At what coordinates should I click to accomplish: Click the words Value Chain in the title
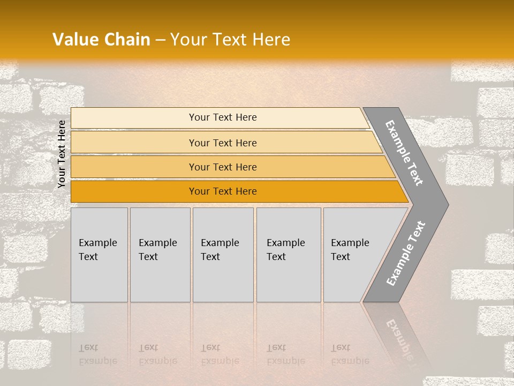click(x=101, y=40)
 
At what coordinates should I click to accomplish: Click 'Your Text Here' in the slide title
click(x=230, y=40)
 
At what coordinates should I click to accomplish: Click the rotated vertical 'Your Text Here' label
click(x=62, y=154)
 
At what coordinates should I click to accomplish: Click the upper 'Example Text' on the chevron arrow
click(x=404, y=153)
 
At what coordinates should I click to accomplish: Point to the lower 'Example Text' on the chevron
click(x=405, y=253)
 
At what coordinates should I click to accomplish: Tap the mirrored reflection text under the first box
click(x=97, y=354)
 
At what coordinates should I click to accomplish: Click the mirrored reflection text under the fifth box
click(x=350, y=354)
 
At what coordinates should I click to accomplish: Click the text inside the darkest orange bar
click(x=223, y=191)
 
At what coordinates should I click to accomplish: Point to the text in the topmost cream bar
click(x=223, y=117)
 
